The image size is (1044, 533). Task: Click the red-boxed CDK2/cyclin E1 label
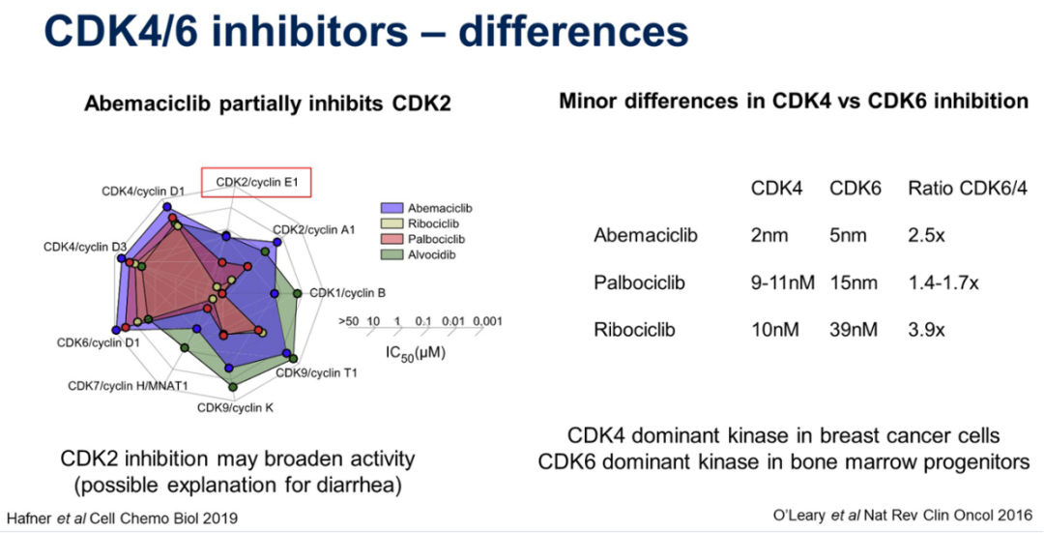tap(257, 181)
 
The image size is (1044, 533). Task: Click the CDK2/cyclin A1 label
tap(314, 229)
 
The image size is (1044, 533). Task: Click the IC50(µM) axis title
tap(412, 353)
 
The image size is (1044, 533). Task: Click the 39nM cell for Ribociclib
tap(854, 330)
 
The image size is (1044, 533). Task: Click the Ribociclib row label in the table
tap(634, 330)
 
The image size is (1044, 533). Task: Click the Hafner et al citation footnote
tap(122, 518)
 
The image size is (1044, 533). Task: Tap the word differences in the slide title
tap(573, 32)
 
